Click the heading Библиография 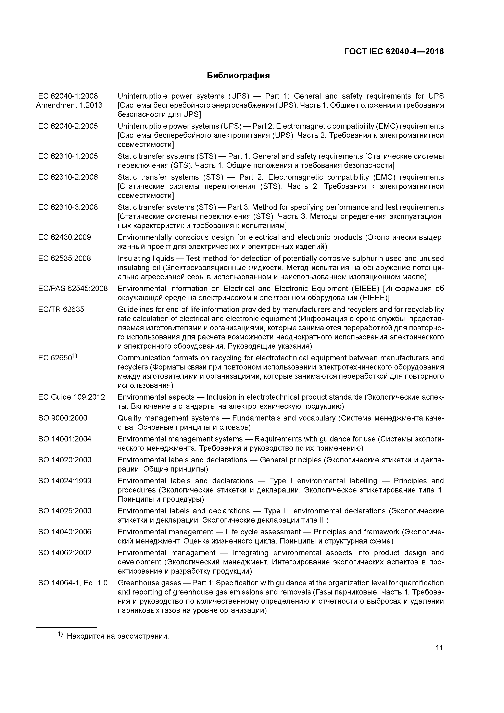[238, 75]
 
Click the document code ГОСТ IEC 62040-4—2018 [394, 52]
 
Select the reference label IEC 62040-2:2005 [67, 126]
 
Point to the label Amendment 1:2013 [69, 105]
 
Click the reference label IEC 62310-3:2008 [67, 207]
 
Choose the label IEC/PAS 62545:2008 [72, 288]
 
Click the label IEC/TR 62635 [60, 309]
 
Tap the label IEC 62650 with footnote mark [56, 358]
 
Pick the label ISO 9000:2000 [62, 418]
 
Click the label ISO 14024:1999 [64, 481]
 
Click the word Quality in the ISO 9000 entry [129, 418]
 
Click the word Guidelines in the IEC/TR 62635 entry [134, 309]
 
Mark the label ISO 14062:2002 [64, 553]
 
